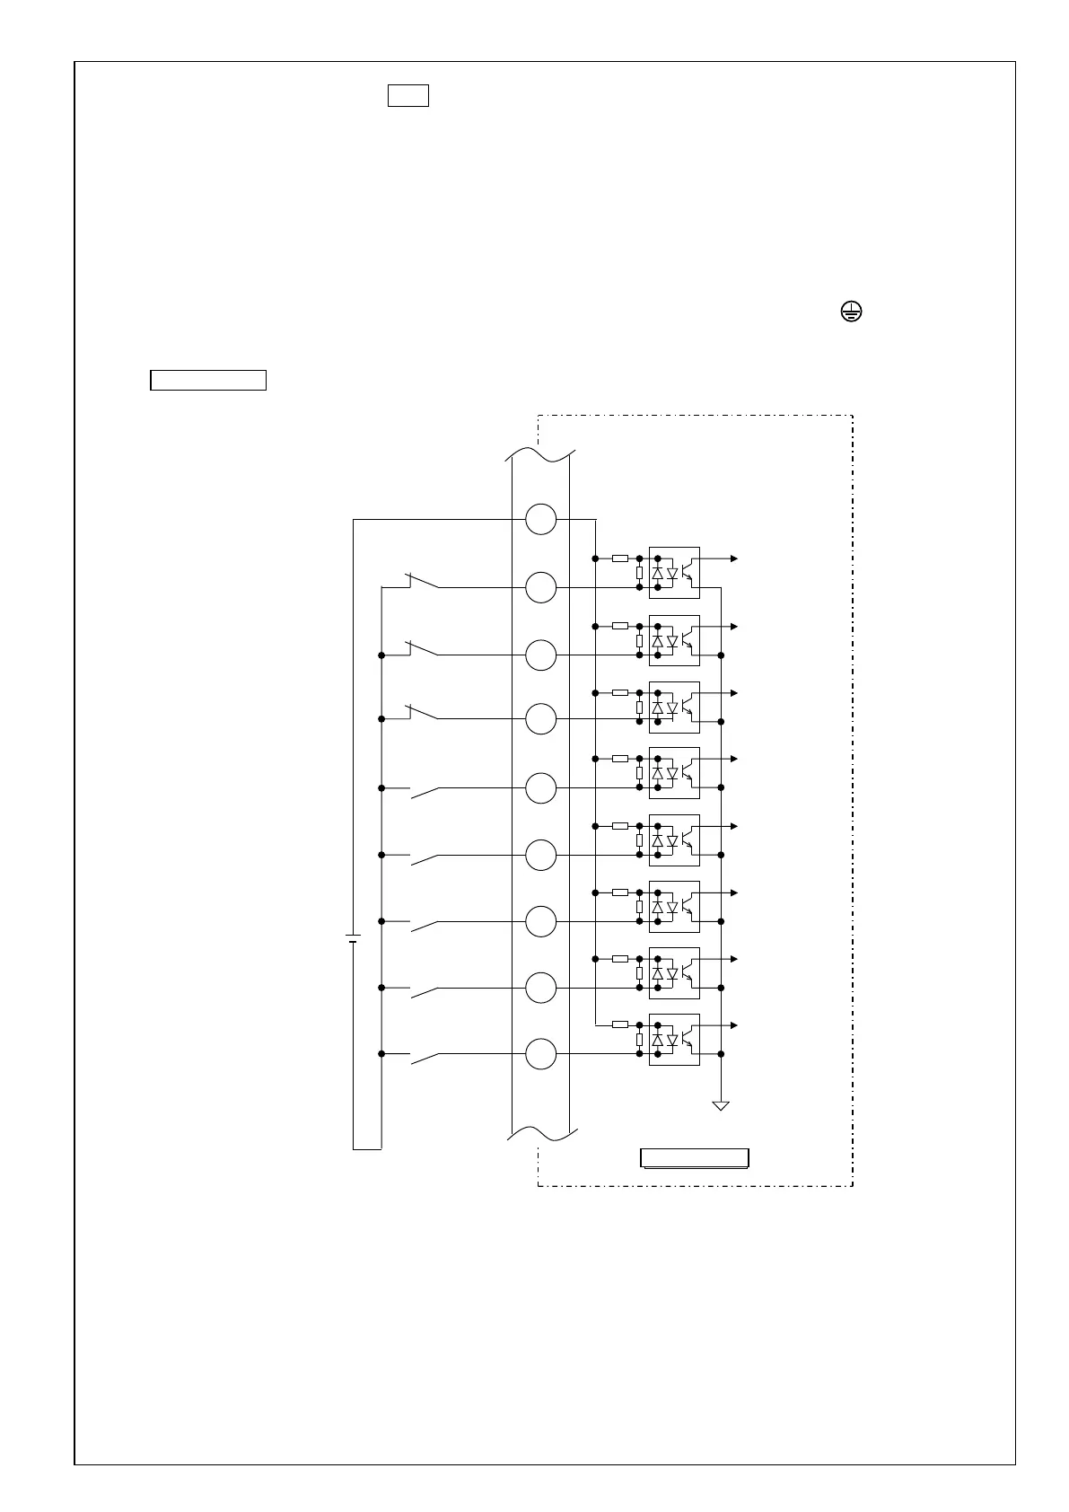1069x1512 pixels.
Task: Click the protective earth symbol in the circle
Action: [x=851, y=312]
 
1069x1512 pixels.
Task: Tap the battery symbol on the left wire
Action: [x=353, y=938]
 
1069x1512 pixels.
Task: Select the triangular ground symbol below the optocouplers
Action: [x=721, y=1105]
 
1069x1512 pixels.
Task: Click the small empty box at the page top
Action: [x=407, y=95]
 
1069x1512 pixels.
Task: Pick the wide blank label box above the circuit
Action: [x=208, y=380]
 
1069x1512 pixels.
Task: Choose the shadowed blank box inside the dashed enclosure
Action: [x=694, y=1157]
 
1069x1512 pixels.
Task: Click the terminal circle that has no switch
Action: [x=540, y=519]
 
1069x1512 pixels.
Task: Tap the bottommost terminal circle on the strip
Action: [x=540, y=1054]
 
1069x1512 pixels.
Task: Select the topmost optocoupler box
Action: [x=674, y=573]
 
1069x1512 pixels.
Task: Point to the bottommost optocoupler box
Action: [x=674, y=1040]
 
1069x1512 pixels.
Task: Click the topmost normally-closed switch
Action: [x=423, y=581]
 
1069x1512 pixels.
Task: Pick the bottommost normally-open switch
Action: [x=425, y=1059]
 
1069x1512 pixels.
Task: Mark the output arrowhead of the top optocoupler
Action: [x=734, y=558]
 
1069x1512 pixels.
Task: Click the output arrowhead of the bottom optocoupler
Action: [x=734, y=1025]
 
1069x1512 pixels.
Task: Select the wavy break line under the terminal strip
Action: [x=540, y=1135]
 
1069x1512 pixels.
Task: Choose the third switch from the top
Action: [x=423, y=713]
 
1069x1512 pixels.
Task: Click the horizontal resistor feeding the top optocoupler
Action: [x=620, y=558]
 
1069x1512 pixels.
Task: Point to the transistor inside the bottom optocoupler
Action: [x=688, y=1039]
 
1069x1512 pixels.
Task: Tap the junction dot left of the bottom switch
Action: [x=381, y=1054]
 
